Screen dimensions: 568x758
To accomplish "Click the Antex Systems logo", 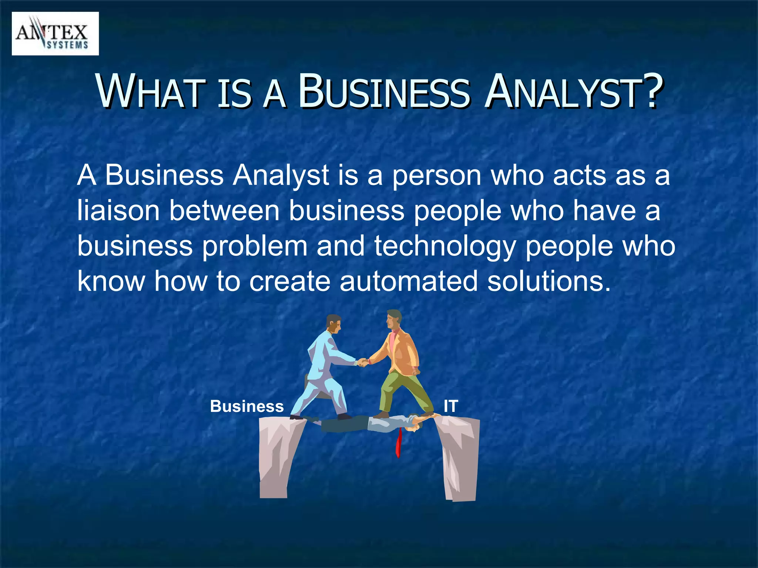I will tap(55, 34).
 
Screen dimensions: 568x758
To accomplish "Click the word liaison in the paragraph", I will tap(118, 211).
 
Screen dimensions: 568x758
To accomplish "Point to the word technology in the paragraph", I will tap(445, 246).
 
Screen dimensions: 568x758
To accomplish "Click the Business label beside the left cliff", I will tap(247, 406).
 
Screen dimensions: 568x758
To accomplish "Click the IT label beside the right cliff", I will tap(450, 406).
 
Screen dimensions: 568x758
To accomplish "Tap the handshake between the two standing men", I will tap(362, 362).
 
